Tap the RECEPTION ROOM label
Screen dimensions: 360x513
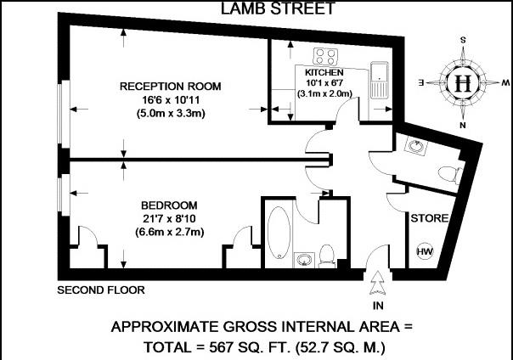tap(170, 87)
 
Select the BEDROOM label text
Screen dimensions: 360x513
tap(170, 206)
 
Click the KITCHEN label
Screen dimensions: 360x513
tap(323, 74)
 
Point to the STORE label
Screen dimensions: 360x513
tap(430, 219)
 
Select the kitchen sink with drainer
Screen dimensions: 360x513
tap(380, 80)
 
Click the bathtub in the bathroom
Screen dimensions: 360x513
tap(277, 231)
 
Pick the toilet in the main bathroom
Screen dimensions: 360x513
tap(327, 253)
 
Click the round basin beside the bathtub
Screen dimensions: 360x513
tap(303, 257)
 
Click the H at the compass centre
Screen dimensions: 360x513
tap(463, 83)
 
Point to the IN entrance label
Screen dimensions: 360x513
tap(378, 303)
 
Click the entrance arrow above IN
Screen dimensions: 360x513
tap(378, 280)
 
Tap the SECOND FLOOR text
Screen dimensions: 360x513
tap(101, 290)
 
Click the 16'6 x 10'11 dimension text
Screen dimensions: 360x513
tap(170, 100)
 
